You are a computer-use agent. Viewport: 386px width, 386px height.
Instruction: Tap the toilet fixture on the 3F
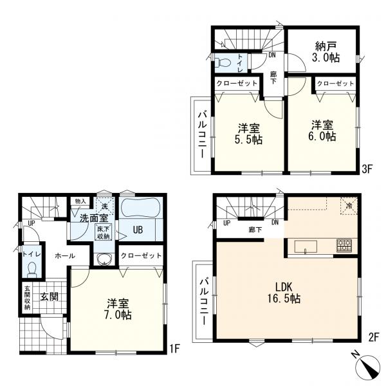click(x=223, y=62)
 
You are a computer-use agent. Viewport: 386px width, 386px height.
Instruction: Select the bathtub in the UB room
click(x=141, y=208)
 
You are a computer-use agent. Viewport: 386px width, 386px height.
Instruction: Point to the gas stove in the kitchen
click(x=344, y=246)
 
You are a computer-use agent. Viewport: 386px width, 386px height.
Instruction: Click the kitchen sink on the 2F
click(x=306, y=247)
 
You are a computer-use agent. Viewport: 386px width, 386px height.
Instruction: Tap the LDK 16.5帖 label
click(x=284, y=293)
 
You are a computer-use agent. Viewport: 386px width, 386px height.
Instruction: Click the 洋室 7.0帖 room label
click(x=118, y=309)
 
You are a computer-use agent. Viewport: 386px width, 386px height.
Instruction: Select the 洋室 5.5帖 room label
click(x=248, y=134)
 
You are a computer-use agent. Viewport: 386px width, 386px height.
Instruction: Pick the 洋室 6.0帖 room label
click(x=322, y=131)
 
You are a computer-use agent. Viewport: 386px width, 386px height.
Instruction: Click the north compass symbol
click(x=367, y=367)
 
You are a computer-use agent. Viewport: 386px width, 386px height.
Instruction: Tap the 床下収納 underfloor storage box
click(x=103, y=232)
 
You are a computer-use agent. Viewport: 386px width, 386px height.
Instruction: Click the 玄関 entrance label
click(x=50, y=297)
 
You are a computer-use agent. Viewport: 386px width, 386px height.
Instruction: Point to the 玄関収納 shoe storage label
click(x=27, y=297)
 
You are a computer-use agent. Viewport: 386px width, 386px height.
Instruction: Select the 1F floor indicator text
click(x=174, y=349)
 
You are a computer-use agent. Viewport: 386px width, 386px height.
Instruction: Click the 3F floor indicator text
click(x=367, y=169)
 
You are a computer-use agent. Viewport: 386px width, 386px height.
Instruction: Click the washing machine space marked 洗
click(x=105, y=207)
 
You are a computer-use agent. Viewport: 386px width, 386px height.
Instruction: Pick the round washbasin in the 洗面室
click(x=105, y=259)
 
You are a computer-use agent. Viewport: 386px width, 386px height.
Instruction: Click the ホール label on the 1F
click(x=65, y=256)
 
